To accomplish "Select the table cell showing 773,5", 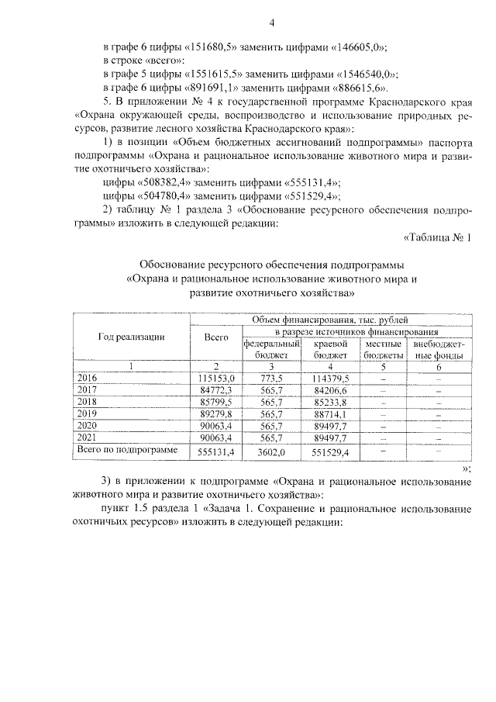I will coord(272,378).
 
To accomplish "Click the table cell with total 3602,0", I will coord(272,452).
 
